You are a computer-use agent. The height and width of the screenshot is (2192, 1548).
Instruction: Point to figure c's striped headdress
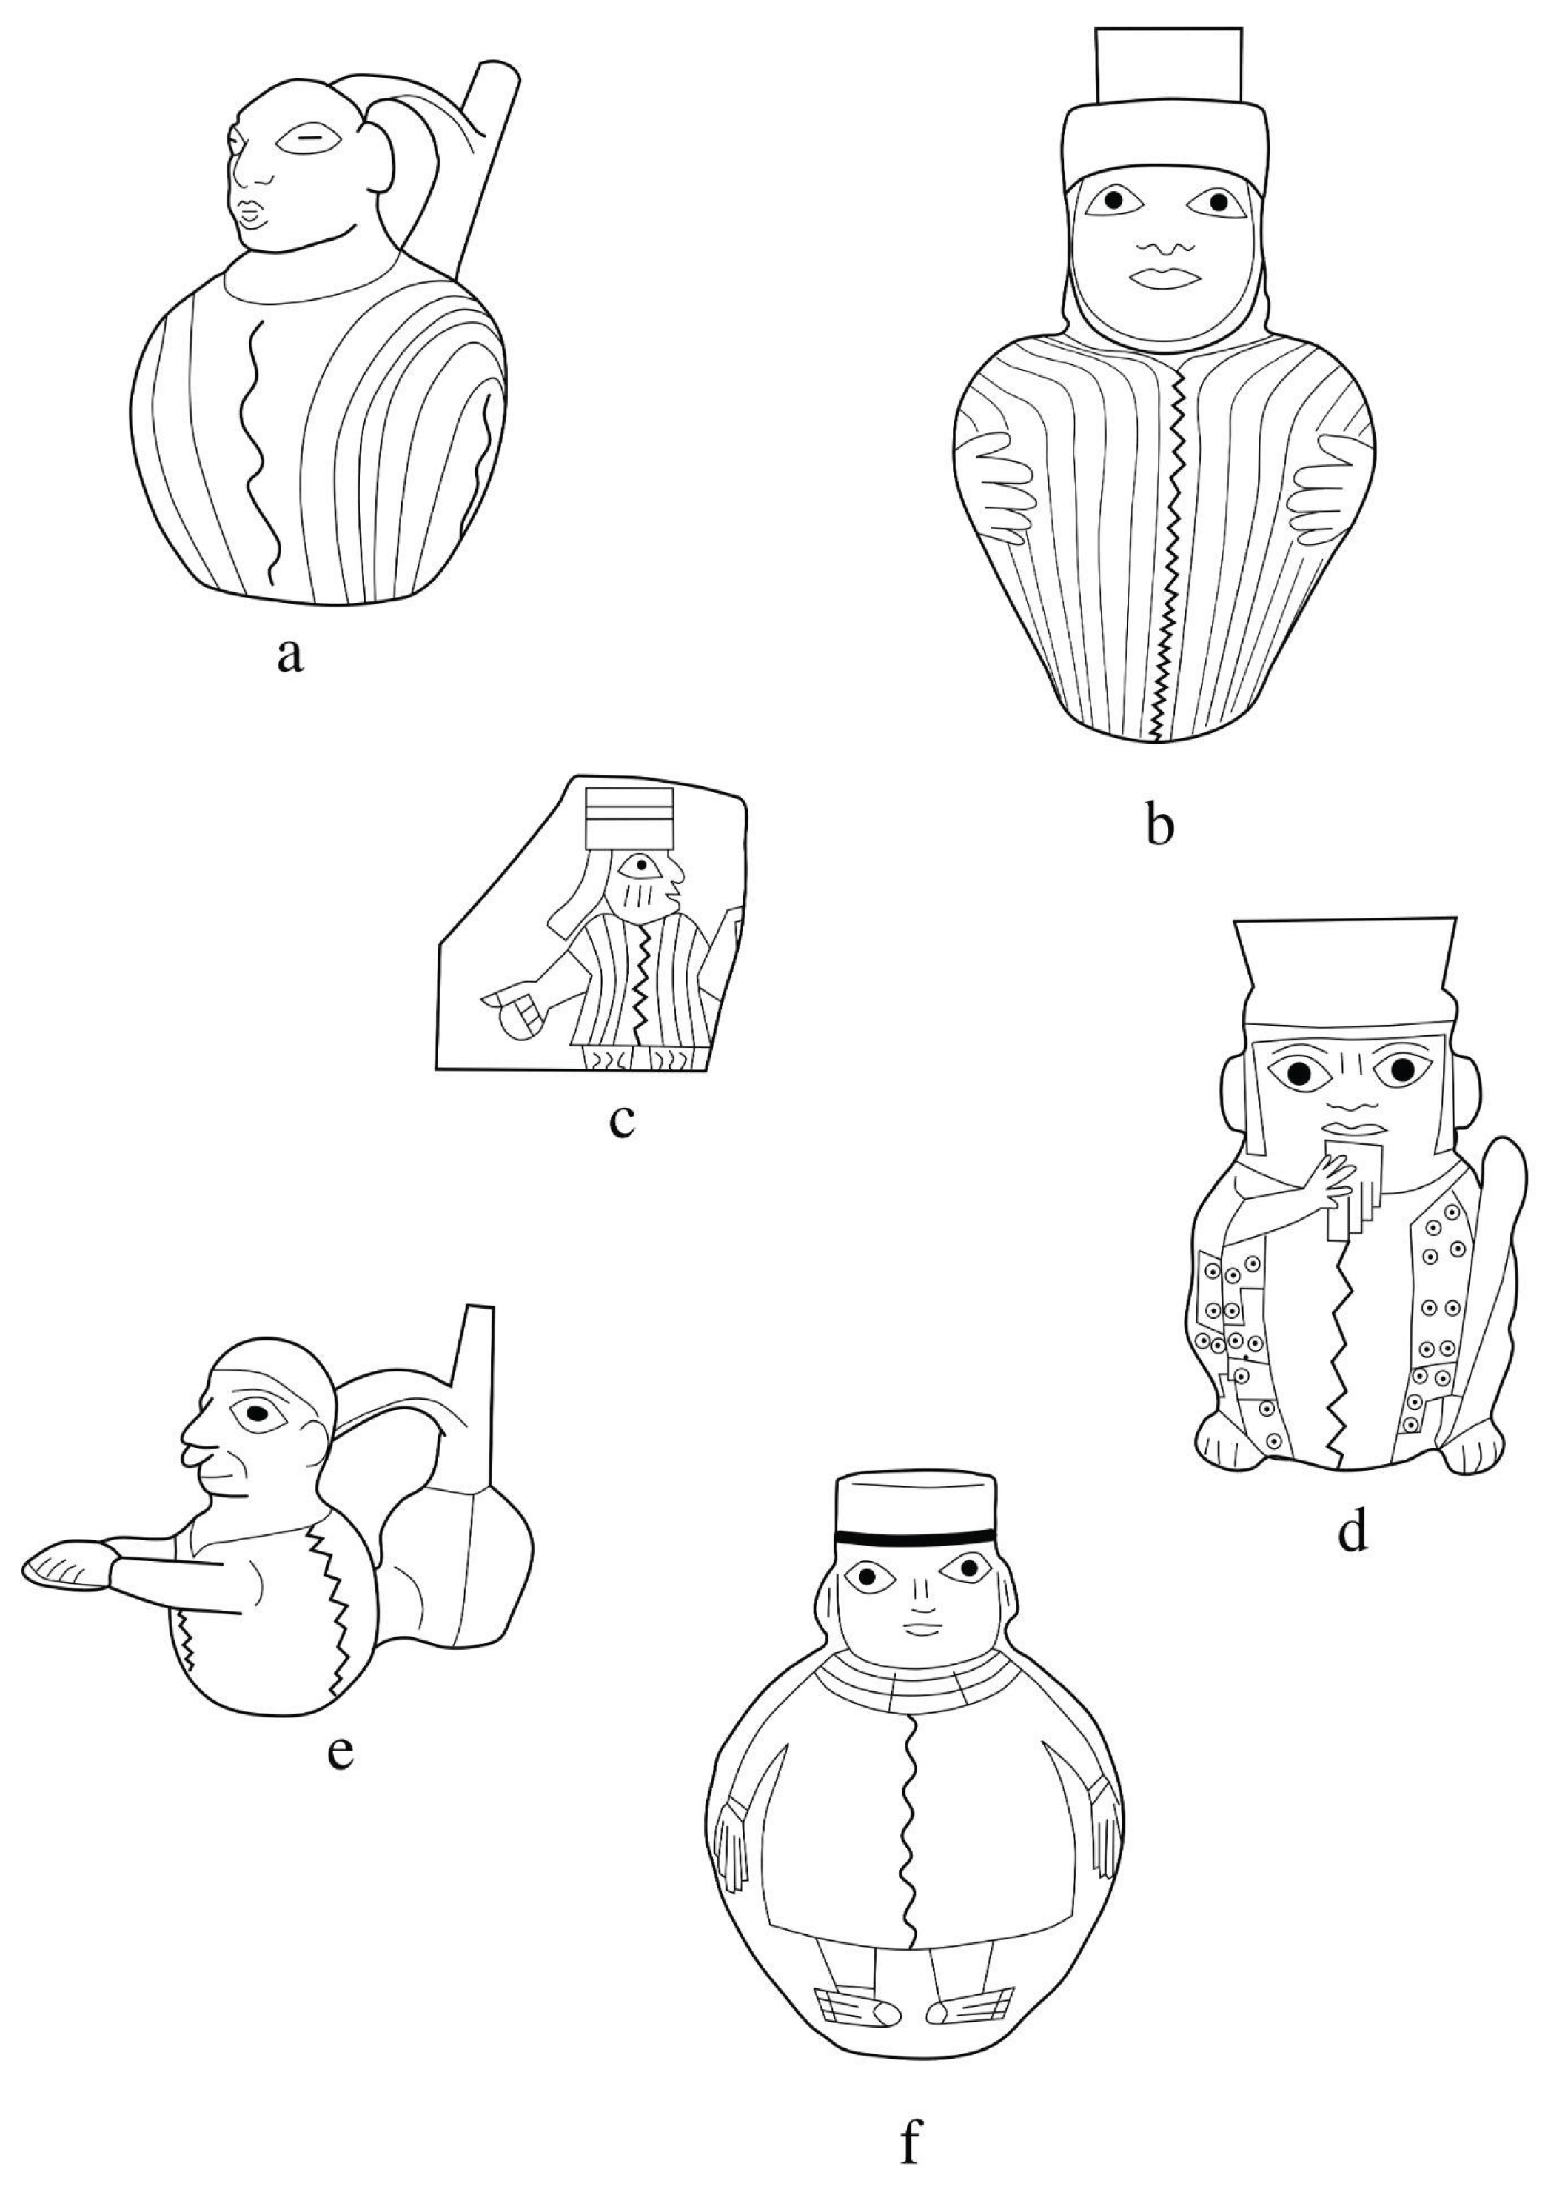click(x=630, y=818)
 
